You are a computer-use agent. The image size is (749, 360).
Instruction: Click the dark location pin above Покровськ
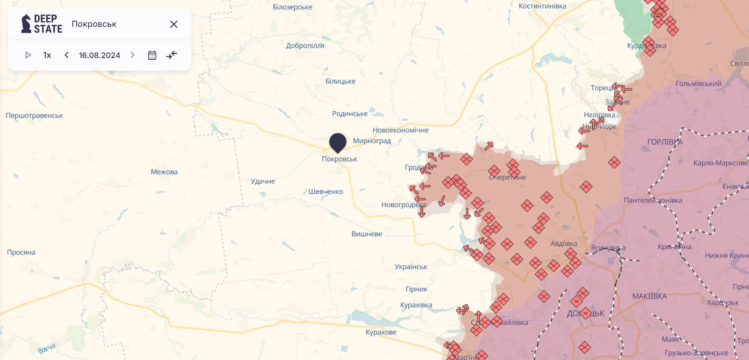coord(338,142)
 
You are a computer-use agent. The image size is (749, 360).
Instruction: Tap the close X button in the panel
coord(174,24)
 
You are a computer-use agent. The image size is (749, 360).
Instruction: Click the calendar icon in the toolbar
coord(152,55)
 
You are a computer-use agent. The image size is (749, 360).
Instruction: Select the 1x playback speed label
coord(47,55)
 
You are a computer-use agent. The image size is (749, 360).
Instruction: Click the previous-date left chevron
coord(67,55)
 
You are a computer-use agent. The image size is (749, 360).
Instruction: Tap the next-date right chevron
coord(132,55)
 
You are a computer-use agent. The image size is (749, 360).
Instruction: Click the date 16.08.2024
coord(100,55)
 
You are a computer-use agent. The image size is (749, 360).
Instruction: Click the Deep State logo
coord(42,24)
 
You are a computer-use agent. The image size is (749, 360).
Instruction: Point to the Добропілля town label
coord(305,45)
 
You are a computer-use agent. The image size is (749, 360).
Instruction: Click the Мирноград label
coord(372,141)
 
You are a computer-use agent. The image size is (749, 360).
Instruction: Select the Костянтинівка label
coord(542,6)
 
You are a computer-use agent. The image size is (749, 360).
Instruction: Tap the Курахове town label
coord(381,332)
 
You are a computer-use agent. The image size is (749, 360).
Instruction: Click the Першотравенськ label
coord(34,116)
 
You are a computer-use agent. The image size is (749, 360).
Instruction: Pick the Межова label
coord(164,172)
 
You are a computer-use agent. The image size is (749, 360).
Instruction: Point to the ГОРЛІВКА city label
coord(665,142)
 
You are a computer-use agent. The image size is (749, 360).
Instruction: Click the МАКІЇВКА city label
coord(649,296)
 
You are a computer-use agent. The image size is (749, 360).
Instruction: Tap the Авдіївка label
coord(564,244)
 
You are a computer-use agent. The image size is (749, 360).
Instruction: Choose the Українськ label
coord(411,267)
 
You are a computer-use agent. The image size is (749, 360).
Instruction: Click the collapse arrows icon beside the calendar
coord(172,55)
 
